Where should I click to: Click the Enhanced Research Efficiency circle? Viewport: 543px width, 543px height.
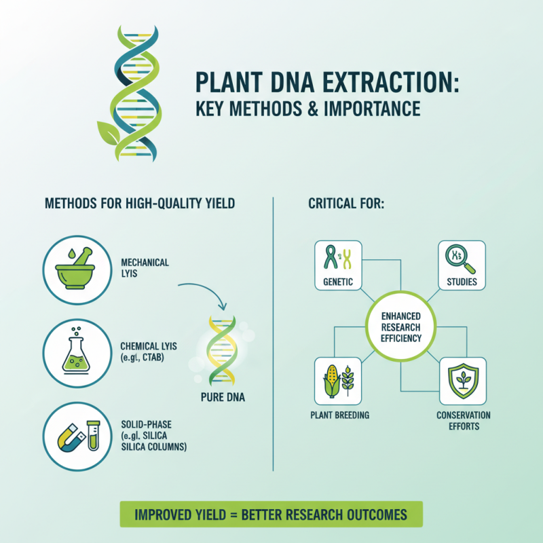[x=400, y=328]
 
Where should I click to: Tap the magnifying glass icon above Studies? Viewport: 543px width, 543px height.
[x=462, y=259]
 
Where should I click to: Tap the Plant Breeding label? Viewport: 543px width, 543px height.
[x=339, y=415]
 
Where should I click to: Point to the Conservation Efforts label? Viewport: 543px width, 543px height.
[x=464, y=420]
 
